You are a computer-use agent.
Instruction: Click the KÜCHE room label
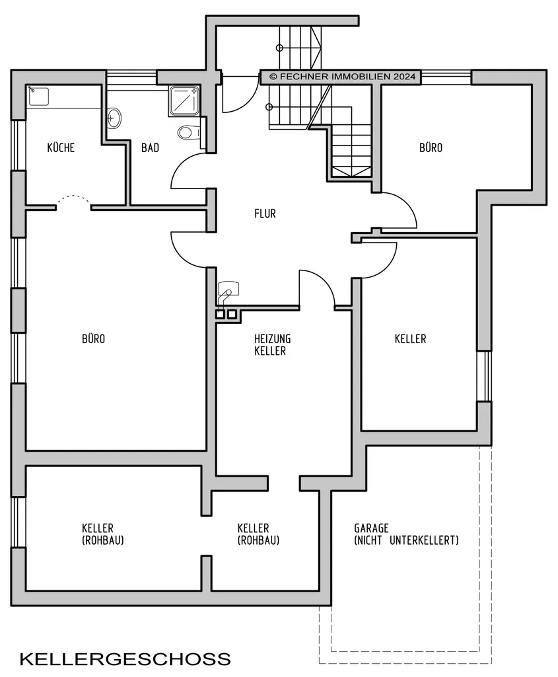tap(61, 147)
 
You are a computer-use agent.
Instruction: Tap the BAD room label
tap(150, 147)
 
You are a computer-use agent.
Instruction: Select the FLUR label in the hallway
tap(265, 214)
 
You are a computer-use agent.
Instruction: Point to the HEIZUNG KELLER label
tap(272, 344)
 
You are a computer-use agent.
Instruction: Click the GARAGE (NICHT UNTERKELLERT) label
tap(406, 534)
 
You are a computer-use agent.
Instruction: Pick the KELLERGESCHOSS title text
tap(125, 659)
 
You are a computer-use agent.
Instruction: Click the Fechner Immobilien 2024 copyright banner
tap(340, 77)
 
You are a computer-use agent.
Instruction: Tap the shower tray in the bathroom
tap(184, 101)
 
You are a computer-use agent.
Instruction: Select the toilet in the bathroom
tap(190, 132)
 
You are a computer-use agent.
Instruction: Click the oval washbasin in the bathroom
tap(114, 118)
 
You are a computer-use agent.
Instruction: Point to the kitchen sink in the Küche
tap(38, 96)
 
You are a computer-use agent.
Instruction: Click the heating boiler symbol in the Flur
tap(228, 290)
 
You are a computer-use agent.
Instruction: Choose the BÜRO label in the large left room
tap(94, 338)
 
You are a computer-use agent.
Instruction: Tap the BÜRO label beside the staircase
tap(431, 147)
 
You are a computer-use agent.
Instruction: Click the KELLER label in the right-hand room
tap(410, 338)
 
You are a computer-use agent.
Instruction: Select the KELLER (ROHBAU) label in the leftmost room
tap(102, 534)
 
